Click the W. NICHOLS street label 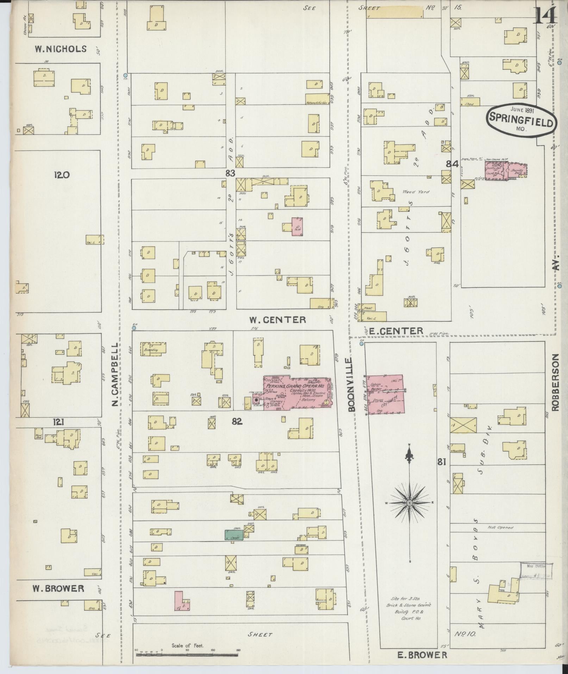61,49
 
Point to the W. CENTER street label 277,320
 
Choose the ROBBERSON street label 556,382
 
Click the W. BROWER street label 58,588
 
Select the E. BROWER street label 422,655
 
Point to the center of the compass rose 410,503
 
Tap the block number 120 62,175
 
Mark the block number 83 230,173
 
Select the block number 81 442,462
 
